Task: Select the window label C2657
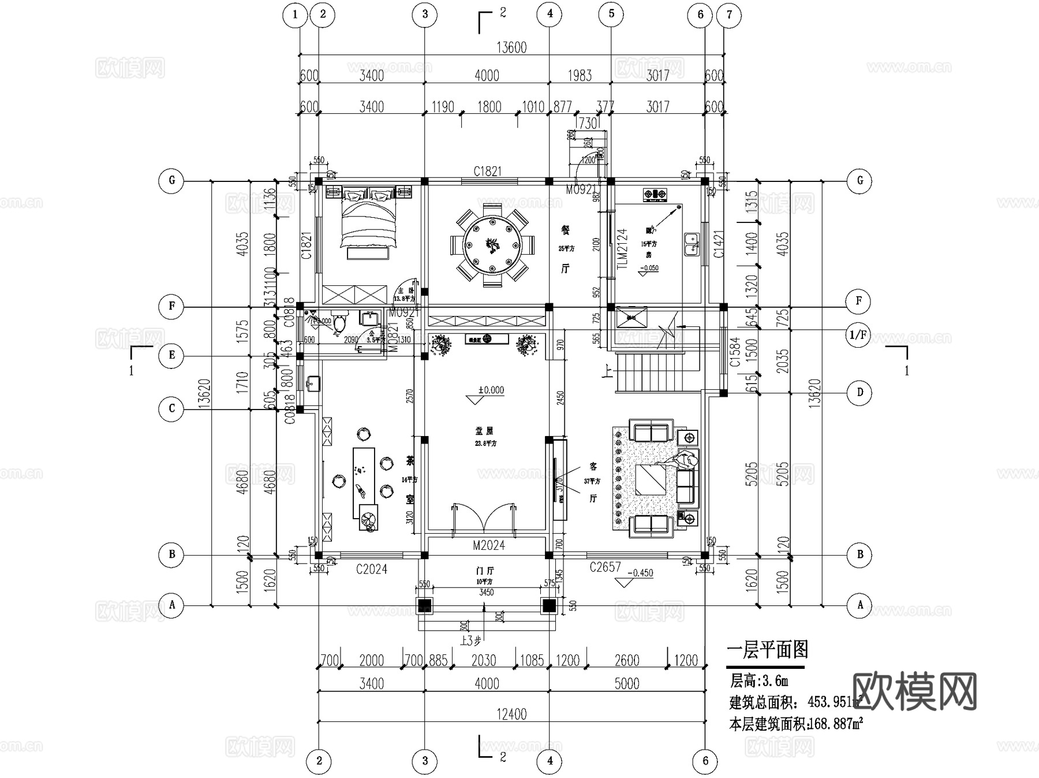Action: tap(604, 568)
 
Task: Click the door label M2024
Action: tap(488, 545)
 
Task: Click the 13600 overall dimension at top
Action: tap(511, 48)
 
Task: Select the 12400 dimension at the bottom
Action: tap(511, 714)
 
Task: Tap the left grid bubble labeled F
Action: tap(171, 306)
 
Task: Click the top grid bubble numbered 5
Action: tap(611, 14)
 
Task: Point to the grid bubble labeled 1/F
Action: tap(858, 335)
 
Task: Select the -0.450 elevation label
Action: tap(639, 573)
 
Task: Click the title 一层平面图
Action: tap(767, 650)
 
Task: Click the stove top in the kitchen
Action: tap(655, 195)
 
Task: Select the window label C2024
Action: tap(371, 569)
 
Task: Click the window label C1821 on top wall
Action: tap(487, 172)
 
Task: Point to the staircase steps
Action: tap(658, 371)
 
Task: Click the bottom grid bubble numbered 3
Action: tap(425, 761)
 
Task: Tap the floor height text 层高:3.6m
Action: tap(759, 681)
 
